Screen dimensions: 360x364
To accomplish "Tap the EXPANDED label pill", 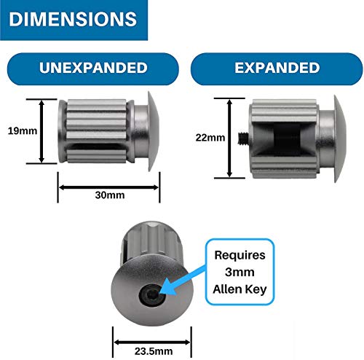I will pos(277,69).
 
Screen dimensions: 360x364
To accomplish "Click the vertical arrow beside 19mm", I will pos(41,131).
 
